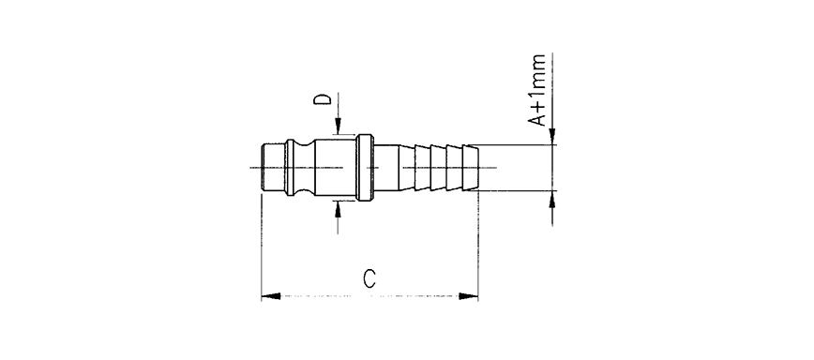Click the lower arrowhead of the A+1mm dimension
553,200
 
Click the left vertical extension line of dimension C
260,244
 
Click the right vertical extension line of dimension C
478,244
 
